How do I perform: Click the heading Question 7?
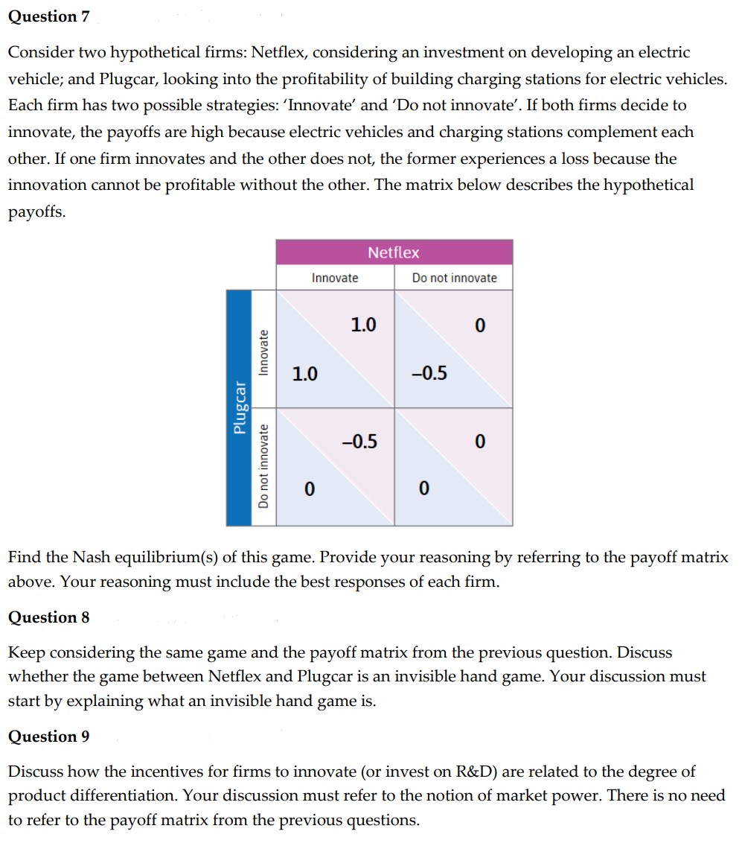[x=48, y=16]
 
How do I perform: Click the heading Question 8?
[x=48, y=617]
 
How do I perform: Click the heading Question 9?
[x=48, y=737]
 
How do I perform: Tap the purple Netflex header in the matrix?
[x=394, y=252]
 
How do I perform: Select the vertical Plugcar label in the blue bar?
[x=239, y=409]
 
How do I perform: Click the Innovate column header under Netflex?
[x=335, y=278]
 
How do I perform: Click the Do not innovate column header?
[x=454, y=278]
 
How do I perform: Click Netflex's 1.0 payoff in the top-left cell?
[x=363, y=325]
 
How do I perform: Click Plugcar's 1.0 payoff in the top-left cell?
[x=304, y=373]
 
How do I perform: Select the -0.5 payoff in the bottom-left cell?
[x=359, y=442]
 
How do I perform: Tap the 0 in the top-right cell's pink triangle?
[x=479, y=325]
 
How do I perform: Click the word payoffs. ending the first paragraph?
[x=36, y=212]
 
